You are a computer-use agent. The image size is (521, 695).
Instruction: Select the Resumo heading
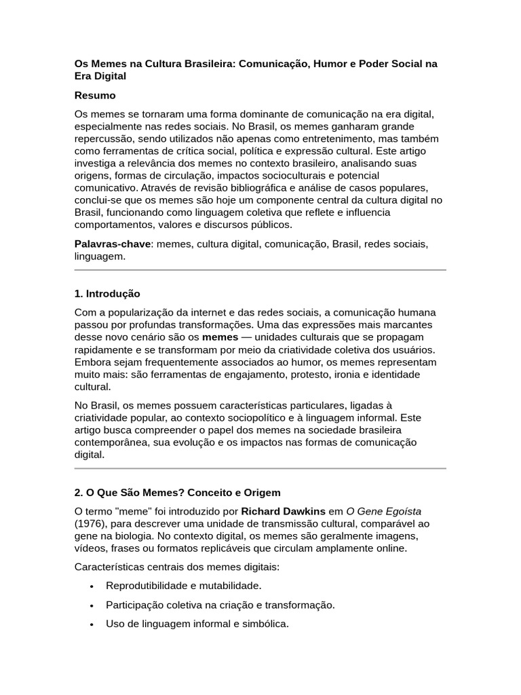click(x=95, y=96)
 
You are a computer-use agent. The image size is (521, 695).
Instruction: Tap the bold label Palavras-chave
click(x=112, y=244)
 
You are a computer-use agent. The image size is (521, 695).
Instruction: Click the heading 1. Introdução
click(x=107, y=294)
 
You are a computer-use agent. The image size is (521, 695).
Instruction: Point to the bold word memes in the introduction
click(x=220, y=337)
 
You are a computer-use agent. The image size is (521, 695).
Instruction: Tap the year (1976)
click(x=91, y=524)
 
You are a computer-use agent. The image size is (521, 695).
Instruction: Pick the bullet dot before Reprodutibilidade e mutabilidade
click(x=91, y=586)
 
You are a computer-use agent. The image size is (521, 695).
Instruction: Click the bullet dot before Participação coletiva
click(x=91, y=605)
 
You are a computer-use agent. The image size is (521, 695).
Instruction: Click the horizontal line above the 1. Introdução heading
click(x=260, y=270)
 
